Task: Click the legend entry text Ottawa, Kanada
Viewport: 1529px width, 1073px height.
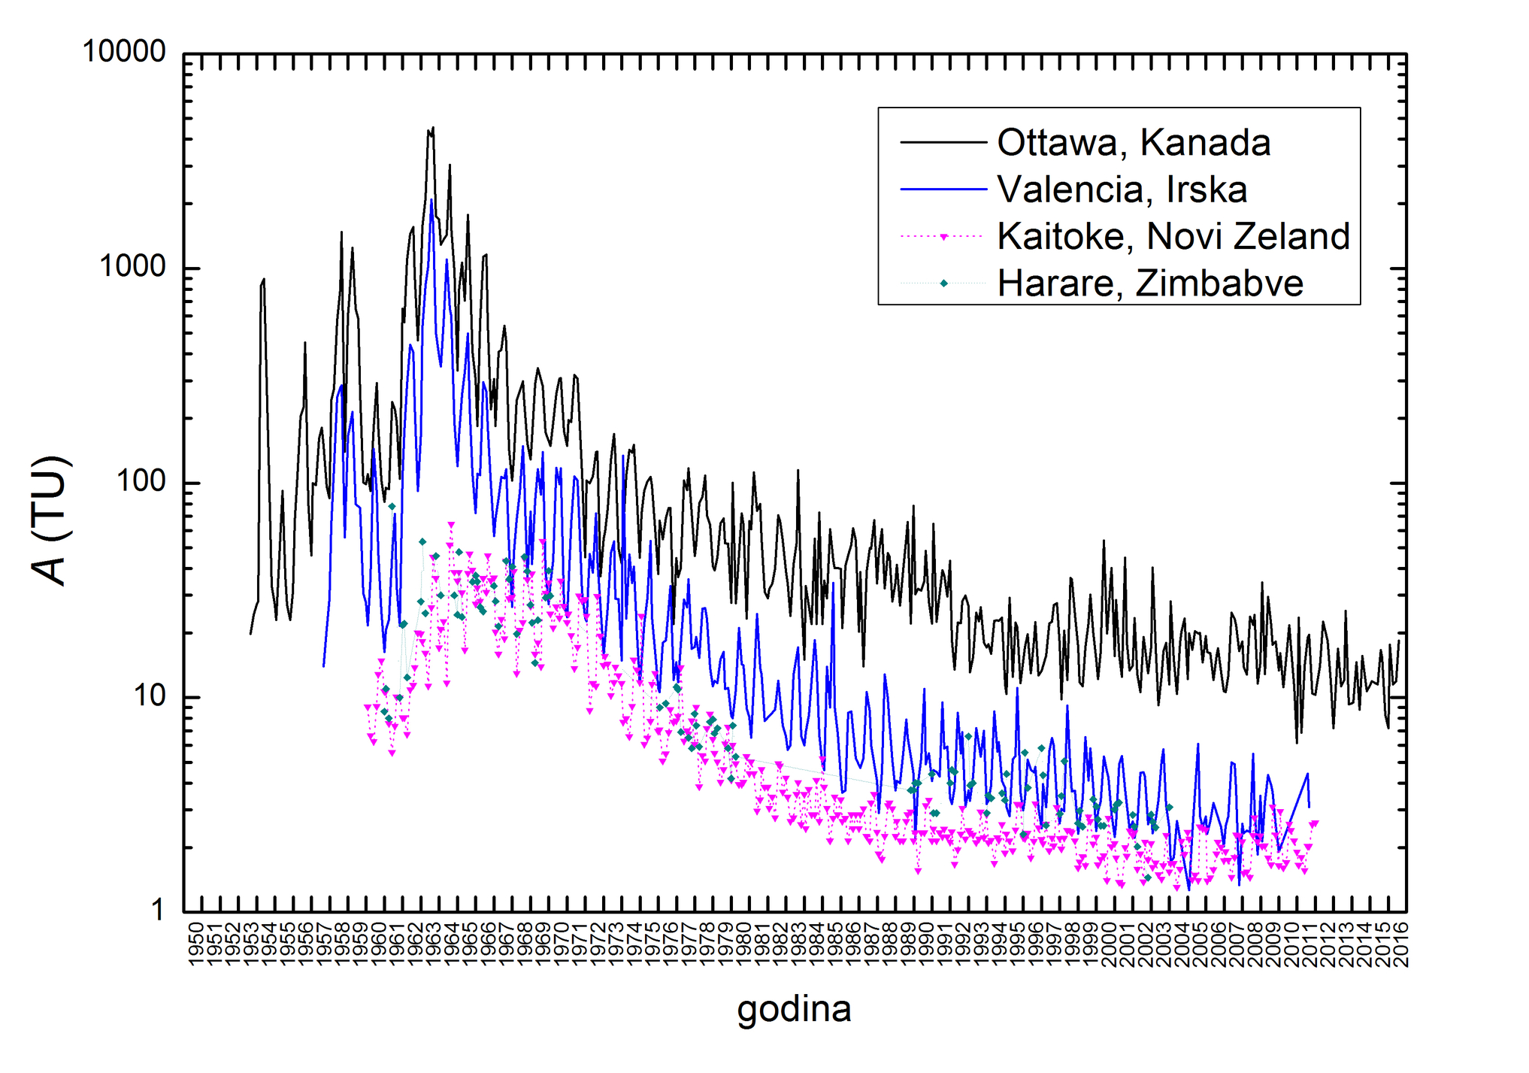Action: (1134, 143)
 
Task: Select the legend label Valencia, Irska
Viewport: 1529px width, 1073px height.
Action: (1122, 189)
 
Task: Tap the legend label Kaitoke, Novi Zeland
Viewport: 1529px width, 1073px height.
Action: (1173, 237)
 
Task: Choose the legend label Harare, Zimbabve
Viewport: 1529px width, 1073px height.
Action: (1150, 283)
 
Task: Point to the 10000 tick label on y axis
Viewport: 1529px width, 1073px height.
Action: (124, 53)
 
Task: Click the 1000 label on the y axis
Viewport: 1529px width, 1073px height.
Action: (133, 267)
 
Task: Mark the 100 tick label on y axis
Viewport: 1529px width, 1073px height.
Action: (142, 482)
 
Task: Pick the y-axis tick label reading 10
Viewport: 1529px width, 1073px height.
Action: (150, 696)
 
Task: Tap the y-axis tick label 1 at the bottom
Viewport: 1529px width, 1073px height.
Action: (159, 911)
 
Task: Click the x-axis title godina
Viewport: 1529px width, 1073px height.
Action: (794, 1009)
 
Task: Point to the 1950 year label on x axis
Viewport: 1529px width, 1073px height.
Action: (195, 945)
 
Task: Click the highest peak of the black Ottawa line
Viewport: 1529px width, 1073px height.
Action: (433, 128)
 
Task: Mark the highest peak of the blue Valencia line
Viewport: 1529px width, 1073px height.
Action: (431, 199)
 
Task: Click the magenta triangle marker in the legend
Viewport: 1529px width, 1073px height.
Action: (943, 237)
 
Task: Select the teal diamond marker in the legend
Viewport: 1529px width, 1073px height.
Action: (943, 283)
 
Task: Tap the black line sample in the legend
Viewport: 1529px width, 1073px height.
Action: (943, 143)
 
